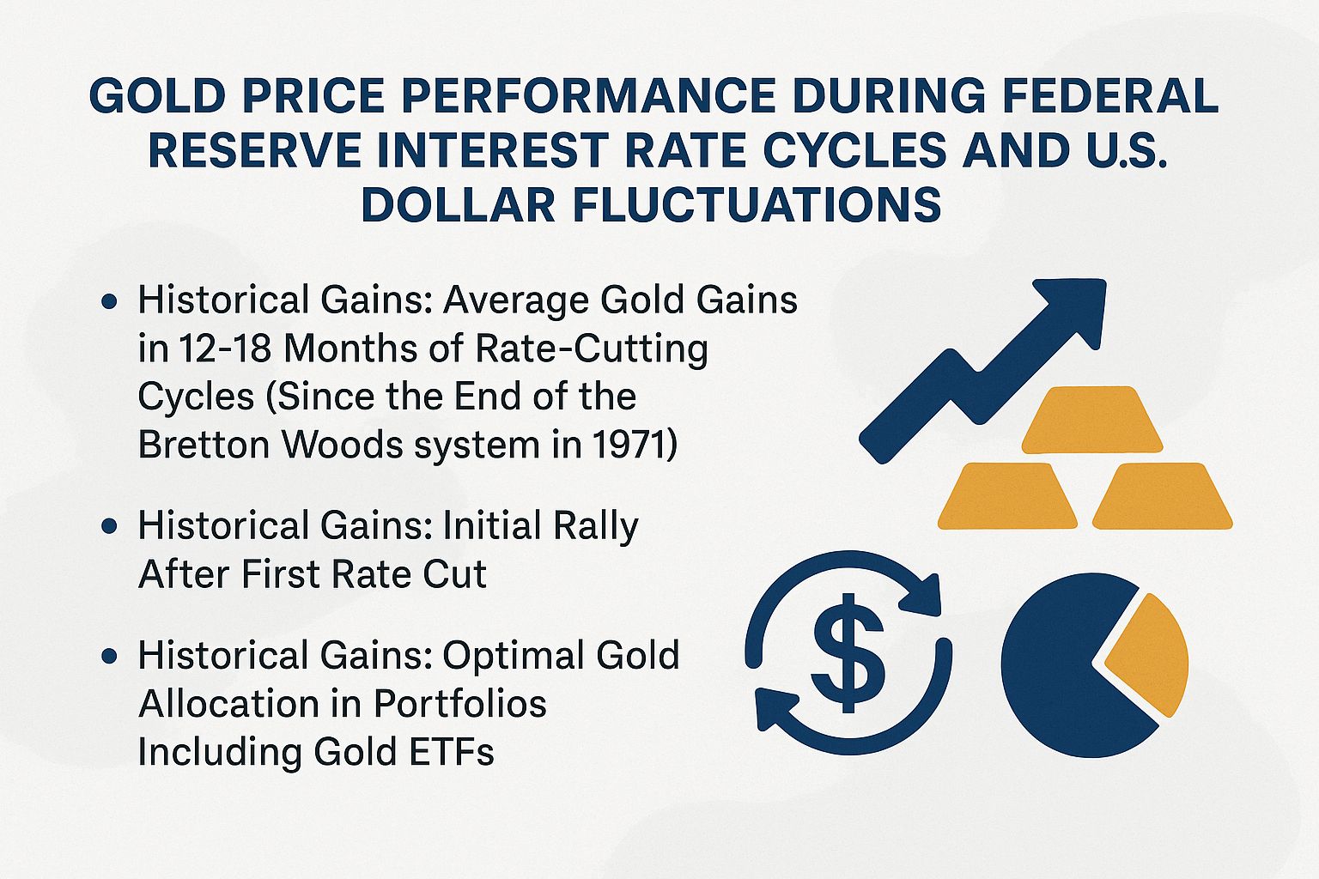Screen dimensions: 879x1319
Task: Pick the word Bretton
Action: point(203,445)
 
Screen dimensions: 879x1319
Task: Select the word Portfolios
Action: point(460,704)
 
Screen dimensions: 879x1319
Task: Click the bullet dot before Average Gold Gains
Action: point(109,302)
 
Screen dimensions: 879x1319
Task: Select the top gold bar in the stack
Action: point(1091,420)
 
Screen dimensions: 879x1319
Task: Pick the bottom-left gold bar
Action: point(1007,495)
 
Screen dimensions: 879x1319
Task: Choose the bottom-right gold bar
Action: point(1162,495)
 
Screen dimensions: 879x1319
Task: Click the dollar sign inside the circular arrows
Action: point(848,653)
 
